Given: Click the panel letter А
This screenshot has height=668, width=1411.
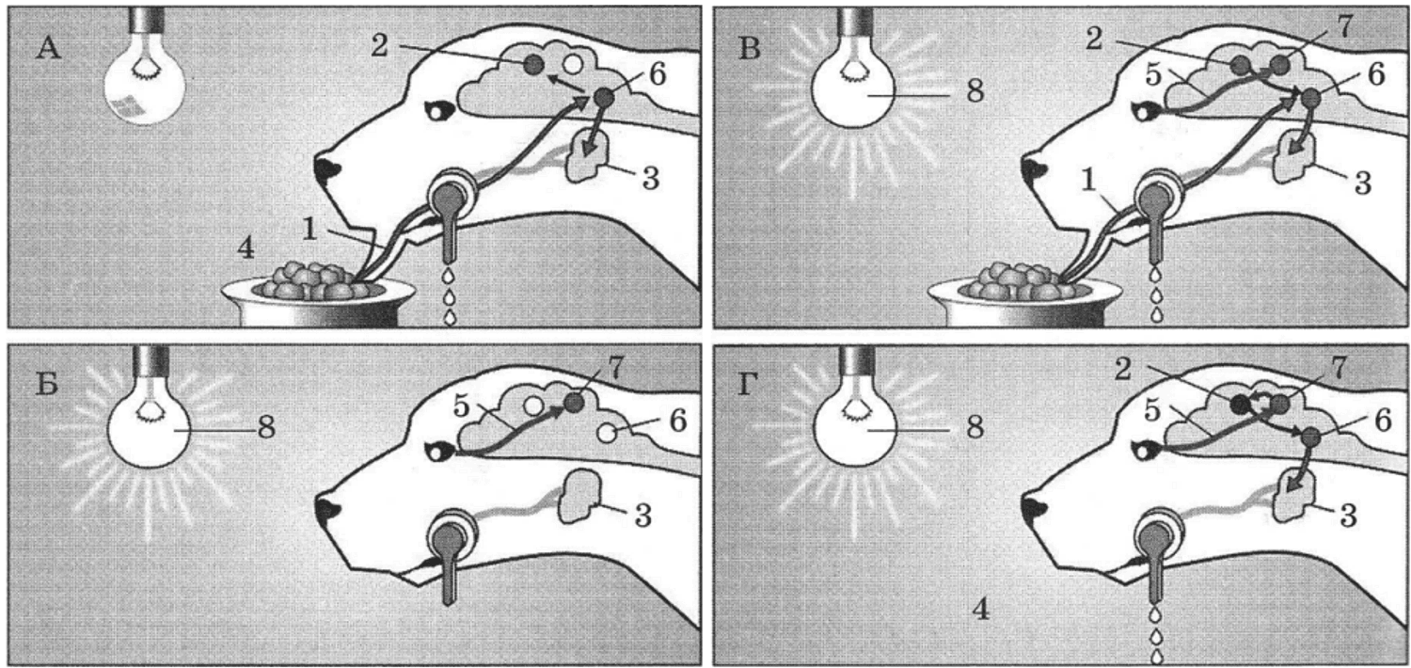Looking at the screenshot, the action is click(49, 47).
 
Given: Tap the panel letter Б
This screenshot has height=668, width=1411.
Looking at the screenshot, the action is click(47, 383).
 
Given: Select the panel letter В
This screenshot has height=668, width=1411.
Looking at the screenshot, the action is click(750, 48).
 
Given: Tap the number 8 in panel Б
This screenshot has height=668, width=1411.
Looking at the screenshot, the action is click(266, 428).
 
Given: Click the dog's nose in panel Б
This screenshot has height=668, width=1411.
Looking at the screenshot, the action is click(326, 510).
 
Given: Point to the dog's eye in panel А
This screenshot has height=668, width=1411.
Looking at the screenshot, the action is click(438, 111).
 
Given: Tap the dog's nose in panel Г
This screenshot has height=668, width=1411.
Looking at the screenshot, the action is click(1033, 510).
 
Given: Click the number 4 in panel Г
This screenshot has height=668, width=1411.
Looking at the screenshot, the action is click(981, 610).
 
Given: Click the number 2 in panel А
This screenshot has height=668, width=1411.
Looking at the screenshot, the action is click(378, 45).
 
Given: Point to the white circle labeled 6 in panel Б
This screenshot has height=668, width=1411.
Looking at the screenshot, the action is click(607, 432).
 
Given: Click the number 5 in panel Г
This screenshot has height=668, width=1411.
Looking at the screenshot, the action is click(1152, 411).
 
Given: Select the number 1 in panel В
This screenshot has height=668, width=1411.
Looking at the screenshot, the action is click(1087, 182).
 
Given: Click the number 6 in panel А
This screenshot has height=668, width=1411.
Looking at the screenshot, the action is click(657, 75).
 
